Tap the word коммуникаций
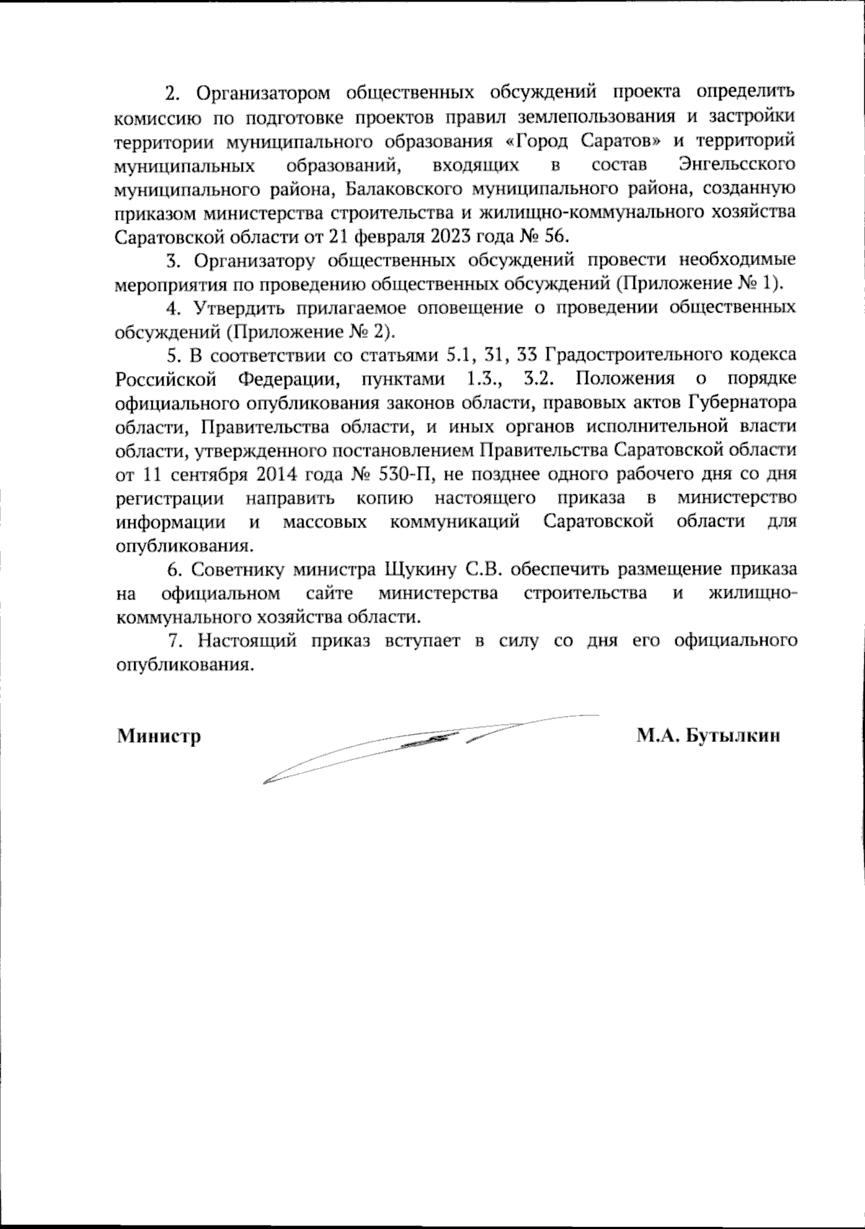click(x=455, y=522)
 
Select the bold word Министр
click(x=159, y=736)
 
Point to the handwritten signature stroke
click(x=432, y=742)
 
